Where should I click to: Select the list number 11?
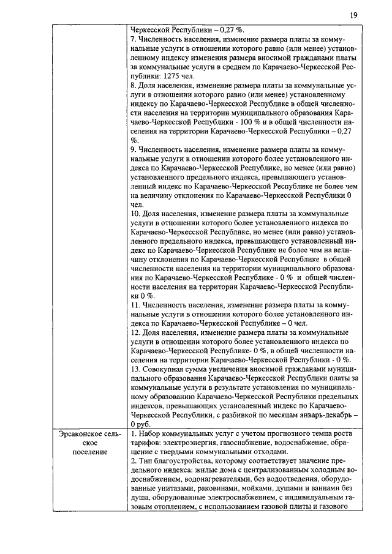136,304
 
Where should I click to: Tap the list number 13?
136,369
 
